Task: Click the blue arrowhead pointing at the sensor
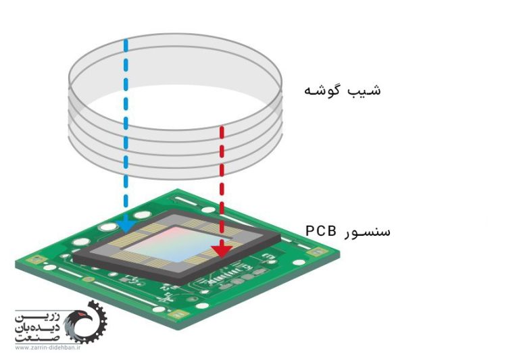click(126, 225)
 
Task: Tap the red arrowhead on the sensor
click(222, 251)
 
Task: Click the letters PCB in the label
click(320, 230)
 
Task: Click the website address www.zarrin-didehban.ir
click(47, 348)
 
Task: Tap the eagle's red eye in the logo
click(81, 313)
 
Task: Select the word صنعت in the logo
click(37, 338)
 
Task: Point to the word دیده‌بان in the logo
click(37, 328)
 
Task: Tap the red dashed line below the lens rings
click(222, 185)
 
